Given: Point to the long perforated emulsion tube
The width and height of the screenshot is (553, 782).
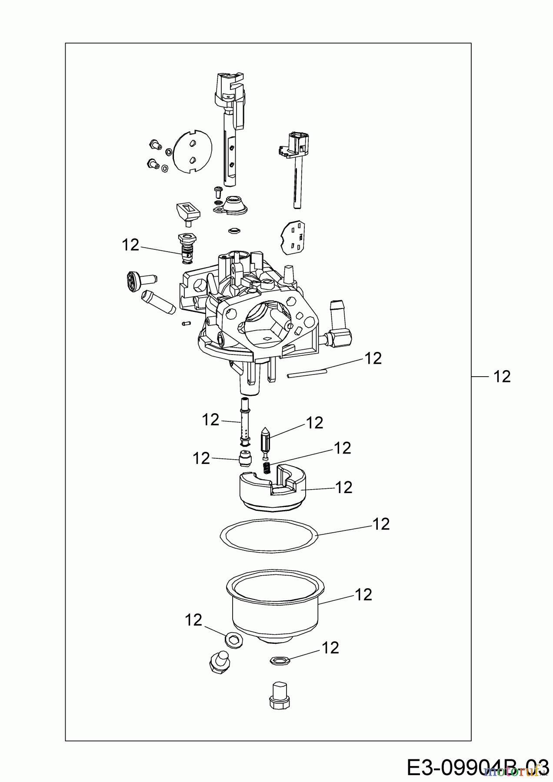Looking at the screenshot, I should coord(246,424).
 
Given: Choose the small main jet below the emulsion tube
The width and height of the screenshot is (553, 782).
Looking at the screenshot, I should coord(246,458).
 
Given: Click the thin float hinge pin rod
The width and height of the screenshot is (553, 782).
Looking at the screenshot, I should coord(306,374).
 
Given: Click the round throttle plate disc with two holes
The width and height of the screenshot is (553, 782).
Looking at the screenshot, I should coord(192,152).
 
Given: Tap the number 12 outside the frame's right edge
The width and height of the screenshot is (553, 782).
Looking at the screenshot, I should coord(502,376).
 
